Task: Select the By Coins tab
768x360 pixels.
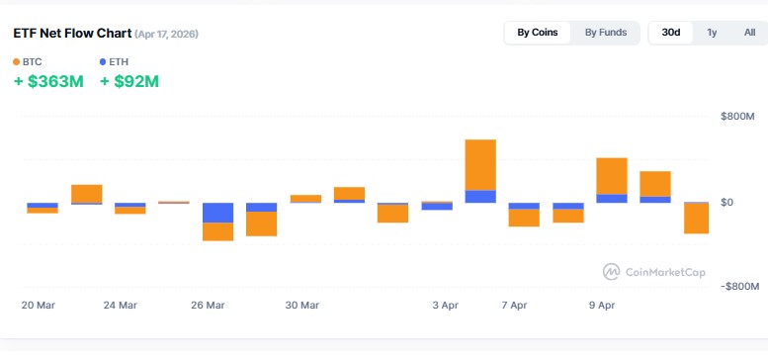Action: pos(538,33)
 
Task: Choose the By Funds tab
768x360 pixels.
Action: pos(605,33)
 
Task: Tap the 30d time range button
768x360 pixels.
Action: pos(670,33)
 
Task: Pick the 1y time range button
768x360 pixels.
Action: pos(712,33)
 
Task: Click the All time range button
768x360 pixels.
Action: pos(749,33)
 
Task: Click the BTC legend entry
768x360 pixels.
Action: pos(28,61)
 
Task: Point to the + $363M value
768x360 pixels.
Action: pos(48,81)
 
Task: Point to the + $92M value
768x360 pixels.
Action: pos(129,81)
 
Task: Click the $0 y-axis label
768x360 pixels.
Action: pos(728,202)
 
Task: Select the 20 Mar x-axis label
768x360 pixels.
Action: pos(39,305)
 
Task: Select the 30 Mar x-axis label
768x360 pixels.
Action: pos(302,305)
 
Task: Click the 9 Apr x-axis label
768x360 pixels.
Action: pos(604,305)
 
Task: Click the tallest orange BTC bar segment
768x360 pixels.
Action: pos(480,164)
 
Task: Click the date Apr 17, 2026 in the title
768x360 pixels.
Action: pos(167,35)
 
